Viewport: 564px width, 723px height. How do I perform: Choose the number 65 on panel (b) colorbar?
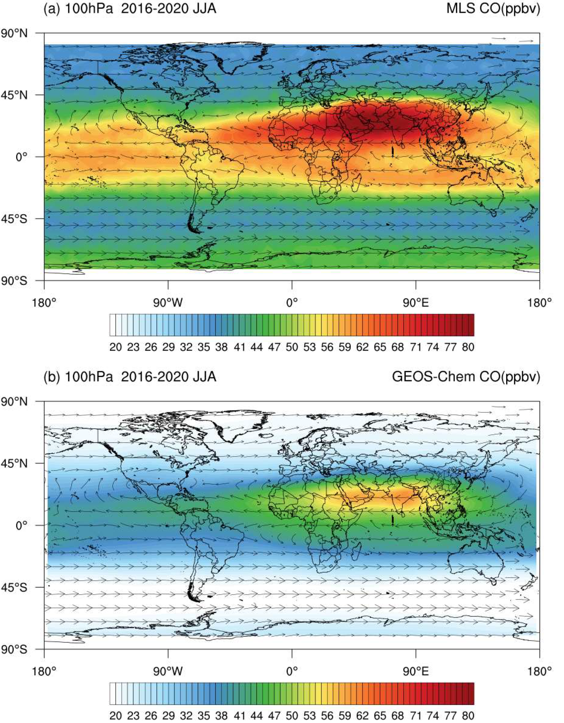[x=379, y=716]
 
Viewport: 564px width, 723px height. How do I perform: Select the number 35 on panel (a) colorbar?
[x=203, y=347]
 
